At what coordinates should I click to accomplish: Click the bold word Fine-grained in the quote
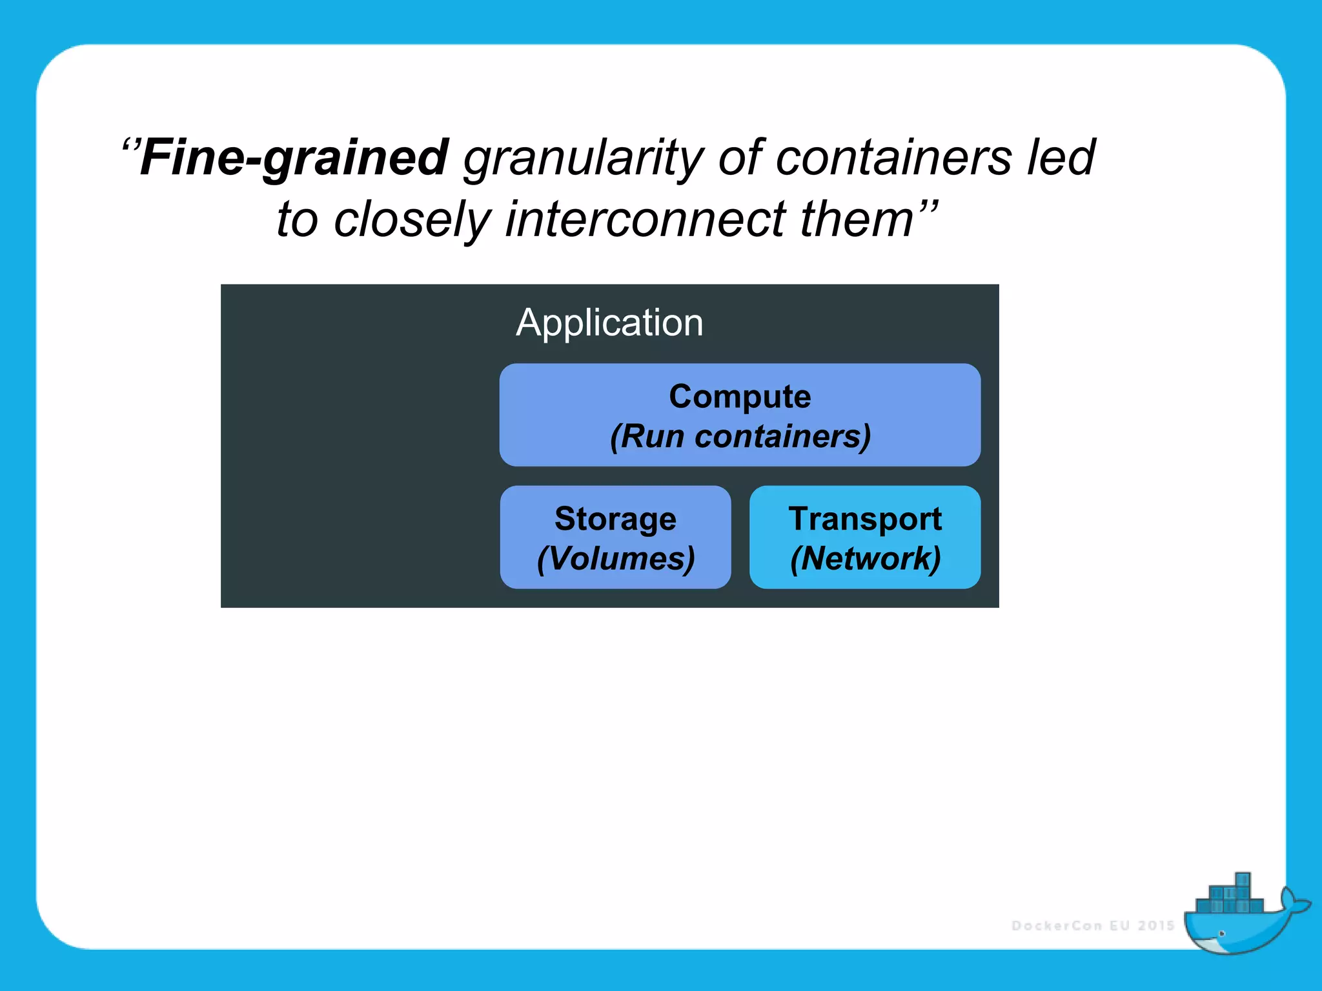294,157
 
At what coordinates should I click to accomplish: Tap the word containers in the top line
894,157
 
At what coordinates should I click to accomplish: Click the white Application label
609,323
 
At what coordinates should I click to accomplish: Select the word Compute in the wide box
740,396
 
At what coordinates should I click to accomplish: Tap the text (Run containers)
740,437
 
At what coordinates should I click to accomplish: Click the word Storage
615,519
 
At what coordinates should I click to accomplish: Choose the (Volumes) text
615,559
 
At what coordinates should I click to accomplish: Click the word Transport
865,519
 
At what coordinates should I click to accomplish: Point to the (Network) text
865,559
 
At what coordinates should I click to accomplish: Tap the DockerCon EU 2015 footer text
1092,926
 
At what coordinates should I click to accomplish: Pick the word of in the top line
740,157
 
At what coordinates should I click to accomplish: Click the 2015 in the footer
1155,926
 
